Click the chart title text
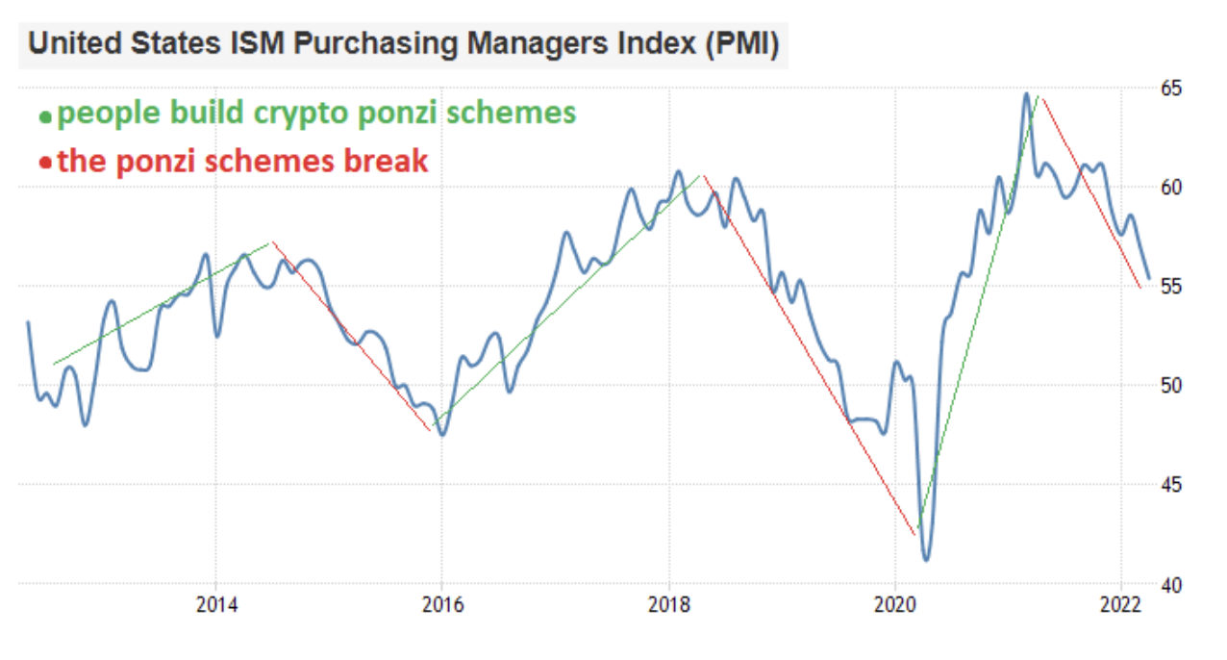[x=403, y=44]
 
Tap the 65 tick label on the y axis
[x=1169, y=89]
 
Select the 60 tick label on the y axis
[x=1169, y=188]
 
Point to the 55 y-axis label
[x=1169, y=287]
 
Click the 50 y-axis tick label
[x=1169, y=386]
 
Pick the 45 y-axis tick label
[x=1169, y=485]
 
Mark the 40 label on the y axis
[x=1169, y=584]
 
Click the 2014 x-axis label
[x=215, y=605]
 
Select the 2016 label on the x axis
[x=442, y=605]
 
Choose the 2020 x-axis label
[x=895, y=605]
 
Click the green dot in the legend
[x=44, y=117]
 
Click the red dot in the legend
[x=44, y=163]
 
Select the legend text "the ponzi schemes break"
[x=242, y=161]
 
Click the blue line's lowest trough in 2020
[x=926, y=559]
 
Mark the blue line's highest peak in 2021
[x=1026, y=94]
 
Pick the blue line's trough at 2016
[x=442, y=435]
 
